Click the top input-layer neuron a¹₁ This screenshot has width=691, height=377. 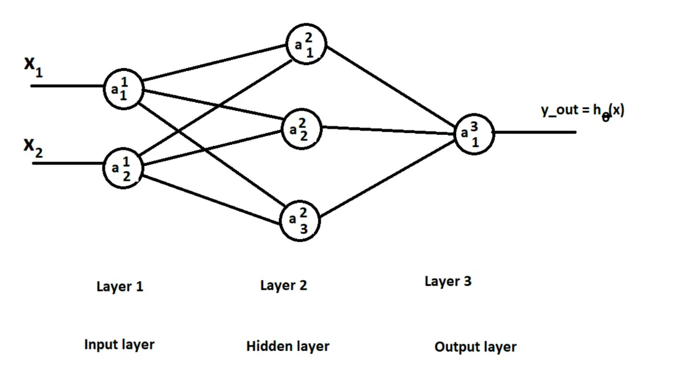click(123, 89)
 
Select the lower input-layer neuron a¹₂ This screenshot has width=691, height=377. click(123, 168)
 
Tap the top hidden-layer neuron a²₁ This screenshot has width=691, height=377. click(306, 44)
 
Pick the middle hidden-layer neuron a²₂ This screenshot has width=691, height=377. click(302, 129)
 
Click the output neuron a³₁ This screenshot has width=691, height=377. click(474, 134)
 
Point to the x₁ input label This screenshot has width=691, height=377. click(33, 67)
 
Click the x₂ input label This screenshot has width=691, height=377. click(33, 148)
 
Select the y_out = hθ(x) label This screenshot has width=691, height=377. click(582, 112)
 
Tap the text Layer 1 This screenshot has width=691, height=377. click(120, 286)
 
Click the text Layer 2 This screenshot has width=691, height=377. click(284, 285)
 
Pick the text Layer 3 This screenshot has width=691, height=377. click(448, 281)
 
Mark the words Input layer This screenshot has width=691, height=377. click(119, 345)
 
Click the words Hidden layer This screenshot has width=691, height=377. click(288, 346)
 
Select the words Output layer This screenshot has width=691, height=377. click(476, 347)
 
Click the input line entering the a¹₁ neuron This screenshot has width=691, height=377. click(67, 86)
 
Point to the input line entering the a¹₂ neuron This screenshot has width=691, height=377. click(68, 163)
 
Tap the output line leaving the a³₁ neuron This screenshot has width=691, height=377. click(535, 132)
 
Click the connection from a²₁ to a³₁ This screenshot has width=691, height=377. click(391, 86)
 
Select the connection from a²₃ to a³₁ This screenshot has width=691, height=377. click(388, 178)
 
